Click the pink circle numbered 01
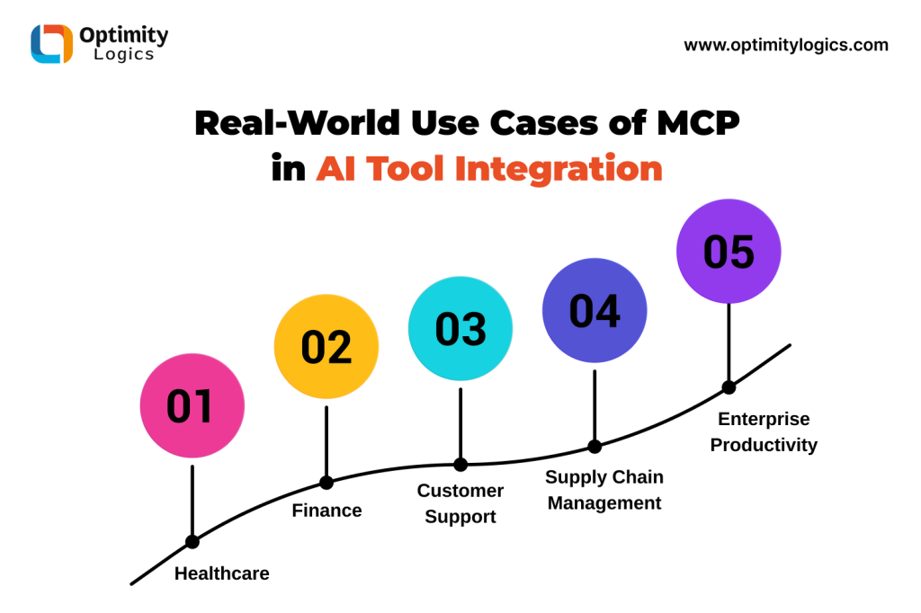(192, 405)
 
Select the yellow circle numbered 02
(326, 346)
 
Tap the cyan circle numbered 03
(460, 329)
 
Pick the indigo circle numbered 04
(595, 311)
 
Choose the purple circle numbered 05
(729, 252)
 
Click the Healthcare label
(222, 573)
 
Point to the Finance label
(326, 511)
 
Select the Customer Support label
(460, 503)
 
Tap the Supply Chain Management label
(604, 490)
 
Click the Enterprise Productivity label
(764, 431)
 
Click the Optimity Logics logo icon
(51, 43)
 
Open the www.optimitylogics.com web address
(786, 45)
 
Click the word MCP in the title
(698, 123)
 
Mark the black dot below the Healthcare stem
(192, 541)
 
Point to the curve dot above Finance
(326, 483)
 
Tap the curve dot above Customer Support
(460, 465)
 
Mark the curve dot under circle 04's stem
(595, 447)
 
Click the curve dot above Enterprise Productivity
(729, 387)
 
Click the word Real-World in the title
(297, 123)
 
